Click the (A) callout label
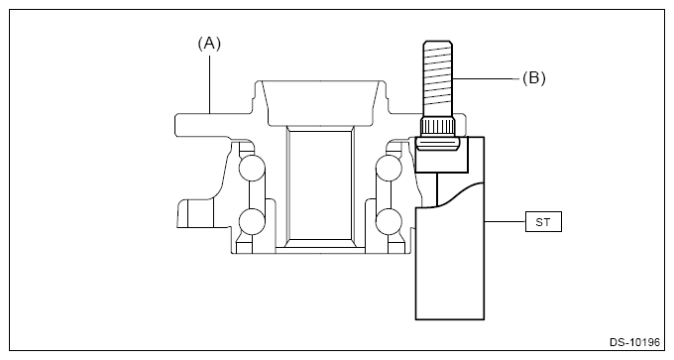tap(209, 44)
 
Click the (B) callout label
tap(534, 78)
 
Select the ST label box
tap(543, 222)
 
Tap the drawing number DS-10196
tap(634, 342)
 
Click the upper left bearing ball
tap(252, 169)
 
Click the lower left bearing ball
tap(252, 221)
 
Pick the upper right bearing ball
tap(389, 169)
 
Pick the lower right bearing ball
tap(389, 221)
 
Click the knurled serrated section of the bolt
tap(437, 127)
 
